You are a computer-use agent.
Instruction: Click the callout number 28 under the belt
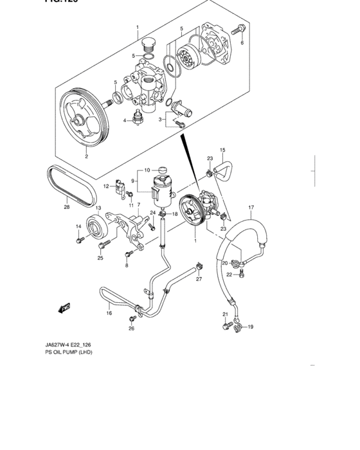pyautogui.click(x=66, y=208)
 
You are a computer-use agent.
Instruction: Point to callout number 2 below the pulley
pyautogui.click(x=87, y=156)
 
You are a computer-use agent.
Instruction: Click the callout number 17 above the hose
pyautogui.click(x=251, y=208)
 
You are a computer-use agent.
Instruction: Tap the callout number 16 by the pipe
pyautogui.click(x=109, y=313)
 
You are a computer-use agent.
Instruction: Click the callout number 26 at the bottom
pyautogui.click(x=131, y=328)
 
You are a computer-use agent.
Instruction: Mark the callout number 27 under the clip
pyautogui.click(x=199, y=278)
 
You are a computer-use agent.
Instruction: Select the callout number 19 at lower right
pyautogui.click(x=251, y=327)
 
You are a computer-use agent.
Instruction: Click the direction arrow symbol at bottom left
pyautogui.click(x=62, y=308)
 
